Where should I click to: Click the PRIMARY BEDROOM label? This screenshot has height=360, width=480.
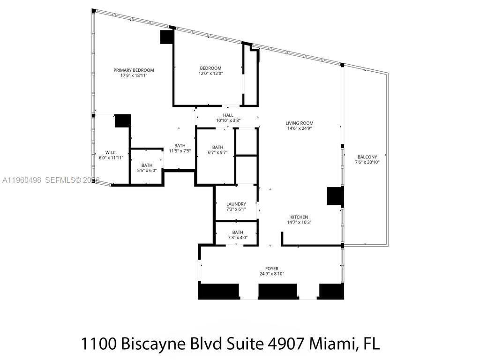134,70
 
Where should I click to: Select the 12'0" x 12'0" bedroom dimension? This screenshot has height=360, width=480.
210,74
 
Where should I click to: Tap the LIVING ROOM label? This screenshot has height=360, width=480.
299,123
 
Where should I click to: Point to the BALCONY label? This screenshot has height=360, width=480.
367,157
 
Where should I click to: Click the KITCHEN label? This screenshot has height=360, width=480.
299,217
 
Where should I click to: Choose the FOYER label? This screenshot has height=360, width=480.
272,269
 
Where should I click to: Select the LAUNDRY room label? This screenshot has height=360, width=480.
236,204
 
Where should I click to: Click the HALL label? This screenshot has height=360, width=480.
228,115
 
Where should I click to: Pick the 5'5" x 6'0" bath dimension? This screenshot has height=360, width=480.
147,171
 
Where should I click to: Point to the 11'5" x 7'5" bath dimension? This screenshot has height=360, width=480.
180,151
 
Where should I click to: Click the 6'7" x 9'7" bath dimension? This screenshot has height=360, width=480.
217,152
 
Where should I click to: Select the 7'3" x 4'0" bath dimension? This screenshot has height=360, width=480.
238,238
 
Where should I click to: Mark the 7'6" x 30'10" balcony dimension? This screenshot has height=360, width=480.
367,162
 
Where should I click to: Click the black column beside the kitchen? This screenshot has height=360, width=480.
335,195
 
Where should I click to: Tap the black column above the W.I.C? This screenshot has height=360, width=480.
123,120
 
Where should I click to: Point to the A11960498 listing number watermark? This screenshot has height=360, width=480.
22,180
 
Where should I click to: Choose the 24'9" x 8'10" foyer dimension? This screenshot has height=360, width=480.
272,274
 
